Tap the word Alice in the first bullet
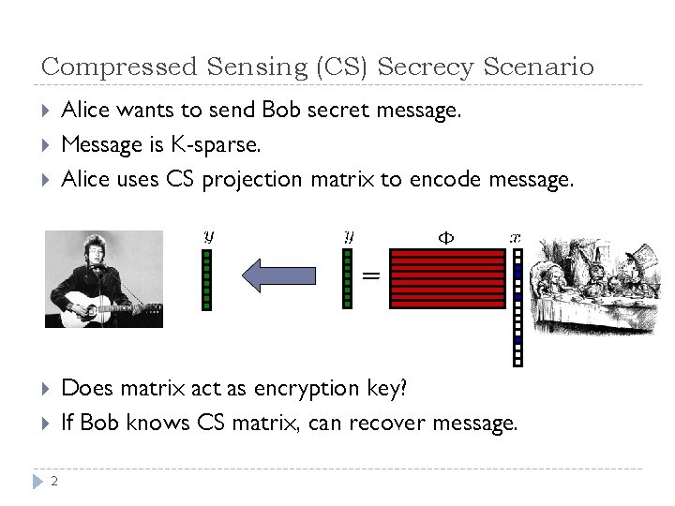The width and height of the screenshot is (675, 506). tap(84, 111)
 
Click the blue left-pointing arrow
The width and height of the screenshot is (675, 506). tap(278, 275)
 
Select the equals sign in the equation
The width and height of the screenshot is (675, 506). tap(371, 275)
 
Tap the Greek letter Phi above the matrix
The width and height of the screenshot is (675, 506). tap(446, 238)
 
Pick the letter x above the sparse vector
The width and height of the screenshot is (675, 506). tap(515, 238)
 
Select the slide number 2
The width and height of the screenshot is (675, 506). tap(54, 482)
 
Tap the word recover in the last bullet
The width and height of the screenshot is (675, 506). tap(387, 423)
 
